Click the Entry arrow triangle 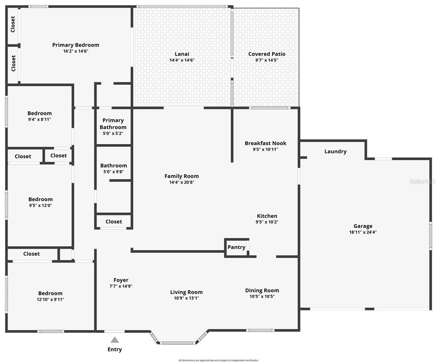(114, 340)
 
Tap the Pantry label (236, 247)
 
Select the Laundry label (335, 151)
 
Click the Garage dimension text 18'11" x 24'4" (363, 232)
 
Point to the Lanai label (182, 54)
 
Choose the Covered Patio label (267, 54)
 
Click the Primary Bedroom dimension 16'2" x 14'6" (76, 51)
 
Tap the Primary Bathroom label (113, 124)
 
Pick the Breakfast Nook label (265, 143)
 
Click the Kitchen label (267, 216)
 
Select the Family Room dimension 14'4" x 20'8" (182, 182)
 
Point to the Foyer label (121, 280)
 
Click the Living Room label (186, 292)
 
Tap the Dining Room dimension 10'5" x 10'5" (262, 297)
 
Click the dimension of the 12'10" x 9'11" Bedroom (50, 300)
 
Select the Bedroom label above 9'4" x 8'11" (40, 113)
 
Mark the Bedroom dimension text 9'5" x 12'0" (41, 205)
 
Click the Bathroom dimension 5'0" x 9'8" (114, 172)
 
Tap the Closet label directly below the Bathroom (114, 222)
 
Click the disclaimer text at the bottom (218, 360)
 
